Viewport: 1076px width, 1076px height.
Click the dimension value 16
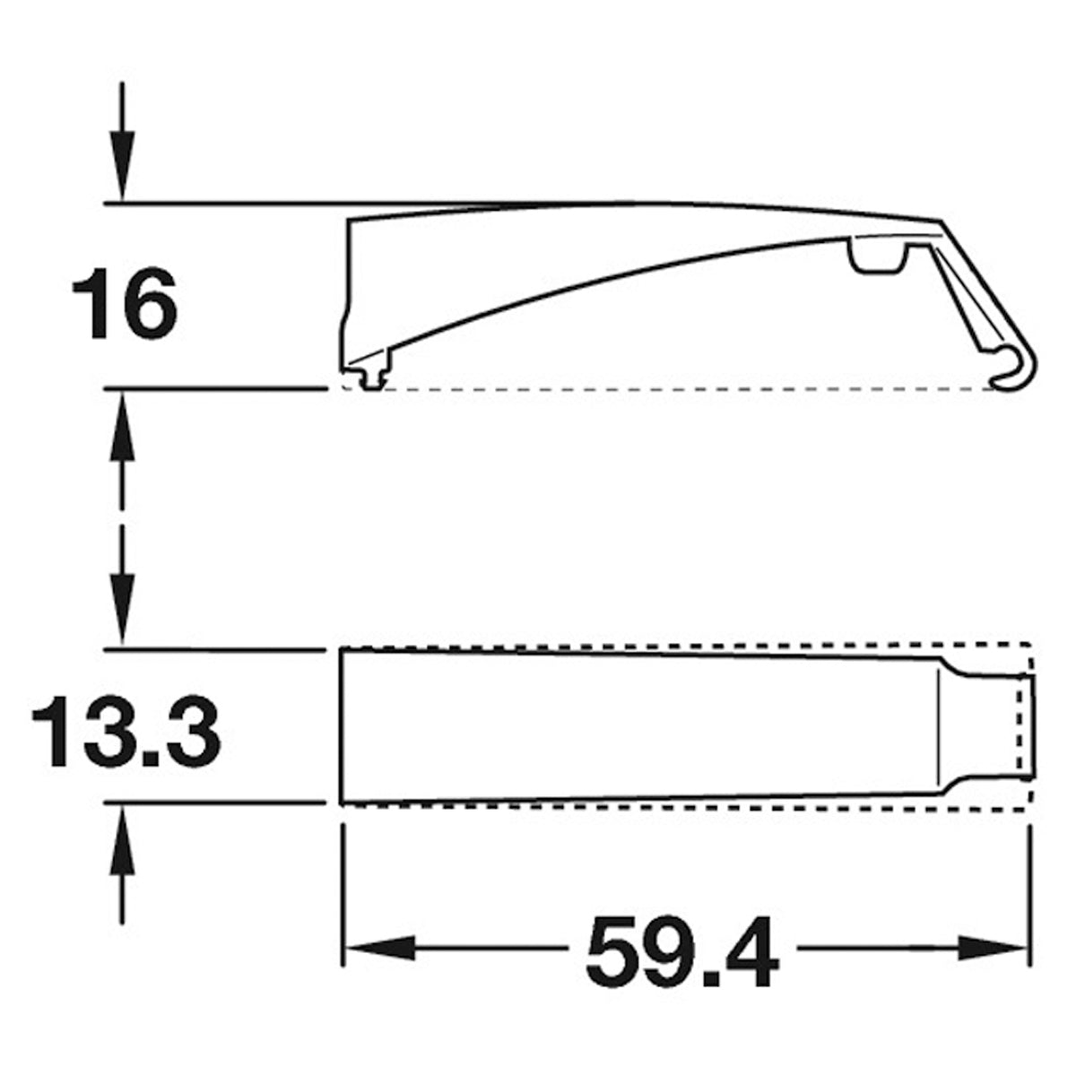coord(125,307)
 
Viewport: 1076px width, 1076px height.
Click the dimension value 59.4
coord(682,950)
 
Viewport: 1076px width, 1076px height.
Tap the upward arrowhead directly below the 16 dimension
coord(123,430)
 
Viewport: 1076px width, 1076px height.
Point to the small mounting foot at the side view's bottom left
coord(369,380)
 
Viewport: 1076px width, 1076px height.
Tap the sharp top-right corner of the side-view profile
coord(941,221)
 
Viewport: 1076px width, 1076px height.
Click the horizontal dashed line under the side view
coord(681,390)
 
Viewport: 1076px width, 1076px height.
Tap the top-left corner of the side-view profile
coord(350,219)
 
